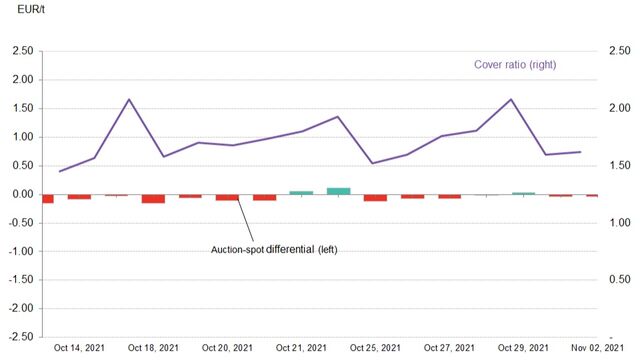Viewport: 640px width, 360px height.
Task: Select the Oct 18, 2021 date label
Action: (152, 347)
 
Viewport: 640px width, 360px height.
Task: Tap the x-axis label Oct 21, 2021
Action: (301, 347)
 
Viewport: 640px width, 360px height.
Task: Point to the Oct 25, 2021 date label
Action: (375, 347)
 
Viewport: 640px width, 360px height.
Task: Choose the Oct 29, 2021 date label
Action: (523, 347)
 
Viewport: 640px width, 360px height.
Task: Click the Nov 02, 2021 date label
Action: (597, 347)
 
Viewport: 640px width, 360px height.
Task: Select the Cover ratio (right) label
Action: (514, 65)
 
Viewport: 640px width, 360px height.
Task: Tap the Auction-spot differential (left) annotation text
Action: (275, 248)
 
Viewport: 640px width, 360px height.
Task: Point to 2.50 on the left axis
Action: (22, 51)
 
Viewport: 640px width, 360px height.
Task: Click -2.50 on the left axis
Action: (20, 337)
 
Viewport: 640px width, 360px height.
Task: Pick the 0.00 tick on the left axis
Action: (22, 194)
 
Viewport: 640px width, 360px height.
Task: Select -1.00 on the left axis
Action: (20, 251)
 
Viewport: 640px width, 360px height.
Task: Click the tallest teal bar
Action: (338, 190)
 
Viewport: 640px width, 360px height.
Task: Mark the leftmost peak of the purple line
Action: (129, 99)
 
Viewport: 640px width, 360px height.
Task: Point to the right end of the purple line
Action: (581, 152)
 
